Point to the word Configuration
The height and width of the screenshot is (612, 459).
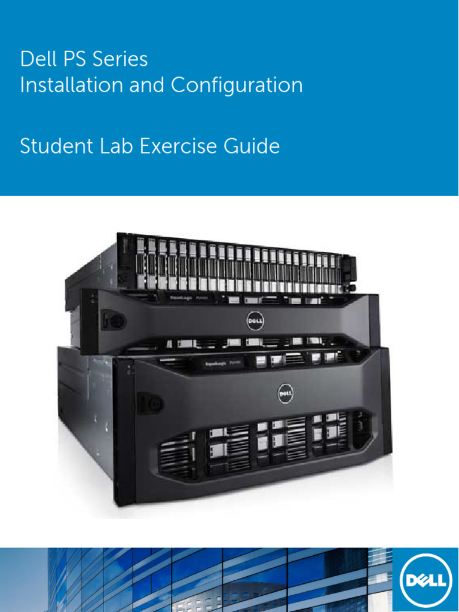[x=237, y=86]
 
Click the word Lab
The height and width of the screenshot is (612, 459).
[x=116, y=146]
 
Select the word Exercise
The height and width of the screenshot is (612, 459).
[x=180, y=146]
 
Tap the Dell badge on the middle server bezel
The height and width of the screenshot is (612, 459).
[x=255, y=322]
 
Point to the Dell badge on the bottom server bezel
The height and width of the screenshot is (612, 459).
[x=286, y=393]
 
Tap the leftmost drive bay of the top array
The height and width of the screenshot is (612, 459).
[x=140, y=263]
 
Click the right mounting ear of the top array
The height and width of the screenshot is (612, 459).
[x=350, y=272]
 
